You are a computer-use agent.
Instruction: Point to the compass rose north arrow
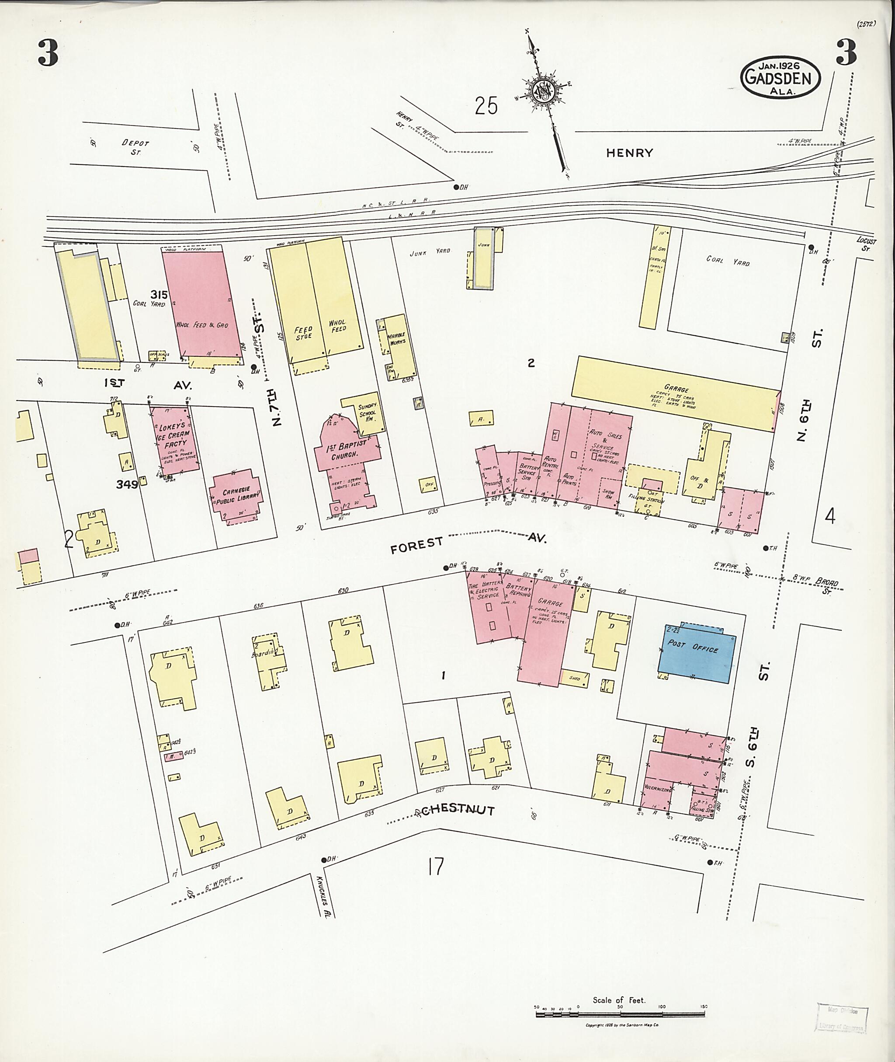coord(546,91)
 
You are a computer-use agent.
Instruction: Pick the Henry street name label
coord(629,153)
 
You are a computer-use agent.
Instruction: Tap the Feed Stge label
coord(303,333)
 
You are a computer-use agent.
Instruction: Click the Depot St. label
coord(135,147)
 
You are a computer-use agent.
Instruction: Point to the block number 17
coord(435,866)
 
